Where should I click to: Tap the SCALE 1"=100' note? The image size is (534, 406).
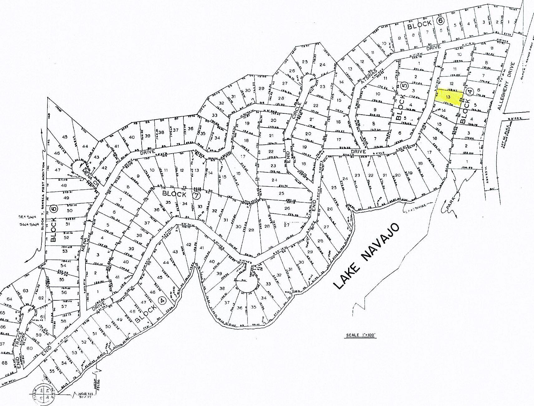[361, 336]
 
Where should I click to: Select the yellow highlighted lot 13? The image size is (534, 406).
[448, 97]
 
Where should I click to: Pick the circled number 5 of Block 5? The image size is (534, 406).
[405, 85]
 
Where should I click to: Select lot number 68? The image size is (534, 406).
[4, 363]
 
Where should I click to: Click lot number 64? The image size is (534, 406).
[9, 299]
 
